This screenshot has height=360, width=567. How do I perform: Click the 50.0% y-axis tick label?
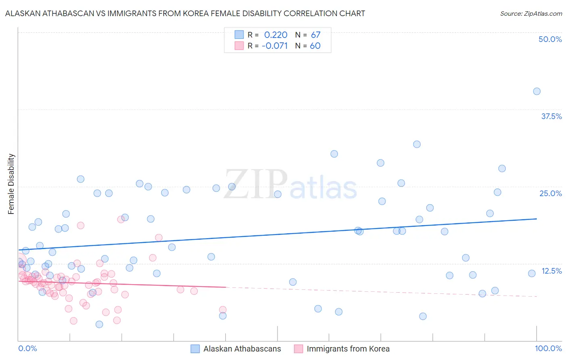(550, 39)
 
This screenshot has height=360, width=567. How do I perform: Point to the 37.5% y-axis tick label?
(551, 116)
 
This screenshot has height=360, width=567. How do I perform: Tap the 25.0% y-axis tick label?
(550, 193)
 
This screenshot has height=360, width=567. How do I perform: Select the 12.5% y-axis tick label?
(551, 271)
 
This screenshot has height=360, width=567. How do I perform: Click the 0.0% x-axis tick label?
(28, 348)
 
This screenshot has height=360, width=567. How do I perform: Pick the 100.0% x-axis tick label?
(548, 348)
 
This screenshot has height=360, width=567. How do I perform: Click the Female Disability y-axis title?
(11, 184)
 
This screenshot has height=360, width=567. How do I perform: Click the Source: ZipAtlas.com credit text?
(531, 13)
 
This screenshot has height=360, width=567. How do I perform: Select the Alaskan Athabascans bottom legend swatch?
(195, 349)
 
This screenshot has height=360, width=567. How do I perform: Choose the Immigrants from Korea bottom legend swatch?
(298, 349)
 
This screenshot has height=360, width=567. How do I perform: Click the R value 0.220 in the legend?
(276, 35)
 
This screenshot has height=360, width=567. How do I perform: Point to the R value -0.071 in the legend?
(275, 46)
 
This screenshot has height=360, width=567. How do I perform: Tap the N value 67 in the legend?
(315, 35)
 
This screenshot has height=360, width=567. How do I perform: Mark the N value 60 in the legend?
(315, 46)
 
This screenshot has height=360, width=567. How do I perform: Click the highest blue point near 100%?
(536, 91)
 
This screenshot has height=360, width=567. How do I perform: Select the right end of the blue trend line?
(536, 218)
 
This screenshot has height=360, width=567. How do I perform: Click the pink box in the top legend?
(239, 46)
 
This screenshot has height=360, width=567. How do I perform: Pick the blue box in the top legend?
(239, 35)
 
